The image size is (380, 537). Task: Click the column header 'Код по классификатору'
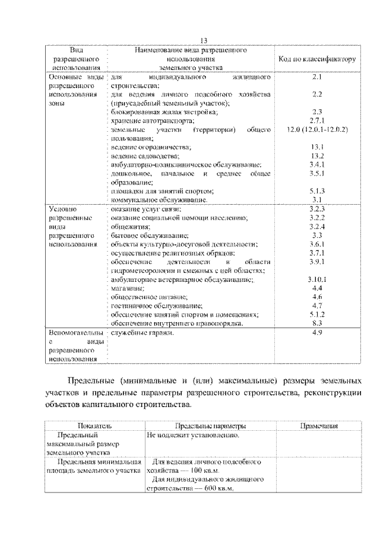tap(316, 59)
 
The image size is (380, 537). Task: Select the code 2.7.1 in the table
tap(316, 120)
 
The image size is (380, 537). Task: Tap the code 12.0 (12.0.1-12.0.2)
tap(316, 129)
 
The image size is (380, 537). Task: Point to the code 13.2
tap(316, 155)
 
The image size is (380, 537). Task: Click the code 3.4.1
tap(316, 164)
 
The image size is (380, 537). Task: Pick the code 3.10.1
tap(316, 278)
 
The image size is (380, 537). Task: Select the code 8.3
tap(316, 323)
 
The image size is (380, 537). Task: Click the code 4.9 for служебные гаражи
tap(316, 333)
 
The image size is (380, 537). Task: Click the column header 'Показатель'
tap(94, 426)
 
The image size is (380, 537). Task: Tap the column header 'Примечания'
tap(319, 426)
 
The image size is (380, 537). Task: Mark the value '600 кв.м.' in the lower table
tap(217, 488)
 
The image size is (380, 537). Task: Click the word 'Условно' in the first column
tap(64, 209)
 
